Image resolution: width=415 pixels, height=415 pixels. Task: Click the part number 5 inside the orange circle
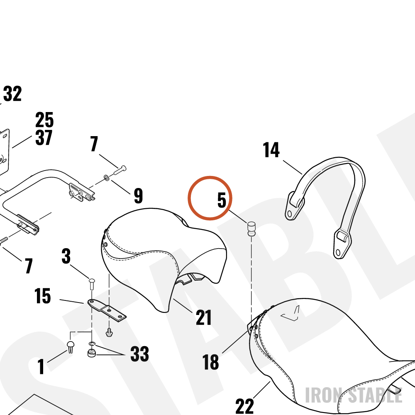pos(222,200)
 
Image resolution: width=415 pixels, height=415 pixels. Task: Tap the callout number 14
pos(271,150)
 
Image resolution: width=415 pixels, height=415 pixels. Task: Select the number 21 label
pos(203,317)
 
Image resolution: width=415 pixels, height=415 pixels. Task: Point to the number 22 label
pos(244,406)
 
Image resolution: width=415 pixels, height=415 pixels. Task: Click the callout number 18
pos(211,362)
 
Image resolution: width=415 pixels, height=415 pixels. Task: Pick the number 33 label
pos(139,354)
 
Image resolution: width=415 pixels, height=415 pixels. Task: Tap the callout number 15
pos(43,295)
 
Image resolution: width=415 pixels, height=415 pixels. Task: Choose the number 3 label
pos(66,256)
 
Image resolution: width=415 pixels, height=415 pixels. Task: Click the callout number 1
pos(41,366)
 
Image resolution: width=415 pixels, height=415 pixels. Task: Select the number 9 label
pos(139,195)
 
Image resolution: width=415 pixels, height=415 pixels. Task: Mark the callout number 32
pos(12,93)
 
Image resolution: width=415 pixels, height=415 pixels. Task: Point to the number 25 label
pos(44,120)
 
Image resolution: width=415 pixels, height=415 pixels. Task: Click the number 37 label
pos(44,138)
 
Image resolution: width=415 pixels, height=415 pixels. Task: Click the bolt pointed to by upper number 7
pos(120,170)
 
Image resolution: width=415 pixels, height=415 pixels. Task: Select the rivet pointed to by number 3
pos(92,284)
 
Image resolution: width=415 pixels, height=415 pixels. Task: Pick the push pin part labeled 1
pos(71,347)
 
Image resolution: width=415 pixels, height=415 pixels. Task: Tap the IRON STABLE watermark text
pos(354,395)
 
